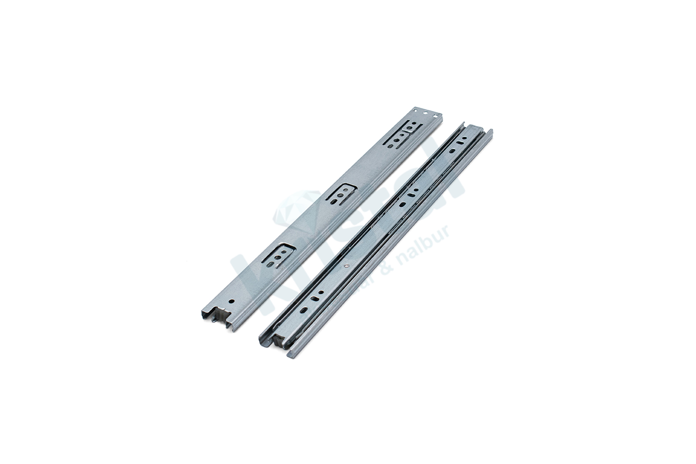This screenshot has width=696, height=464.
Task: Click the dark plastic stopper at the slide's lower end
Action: [278, 340]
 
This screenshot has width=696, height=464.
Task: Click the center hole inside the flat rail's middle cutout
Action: [342, 195]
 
